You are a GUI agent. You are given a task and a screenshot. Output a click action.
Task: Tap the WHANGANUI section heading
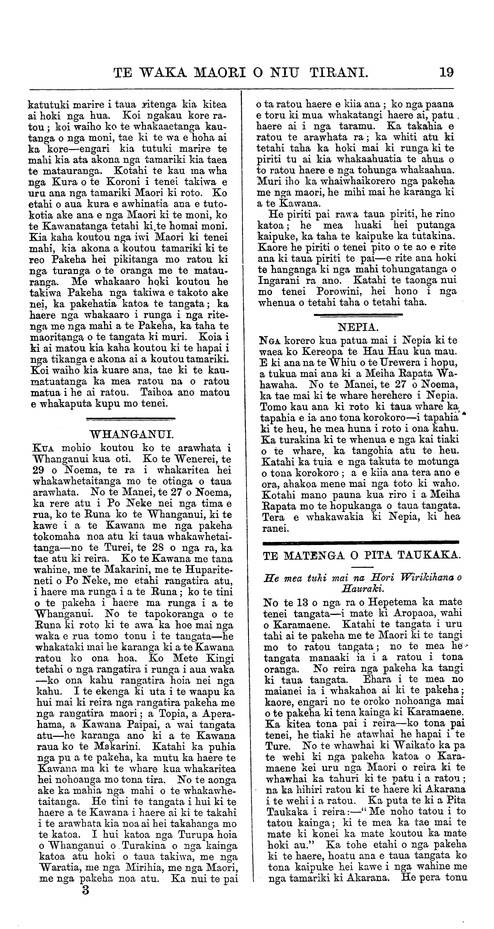coord(131,433)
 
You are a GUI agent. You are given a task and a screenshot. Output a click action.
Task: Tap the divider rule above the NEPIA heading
coord(358,315)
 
